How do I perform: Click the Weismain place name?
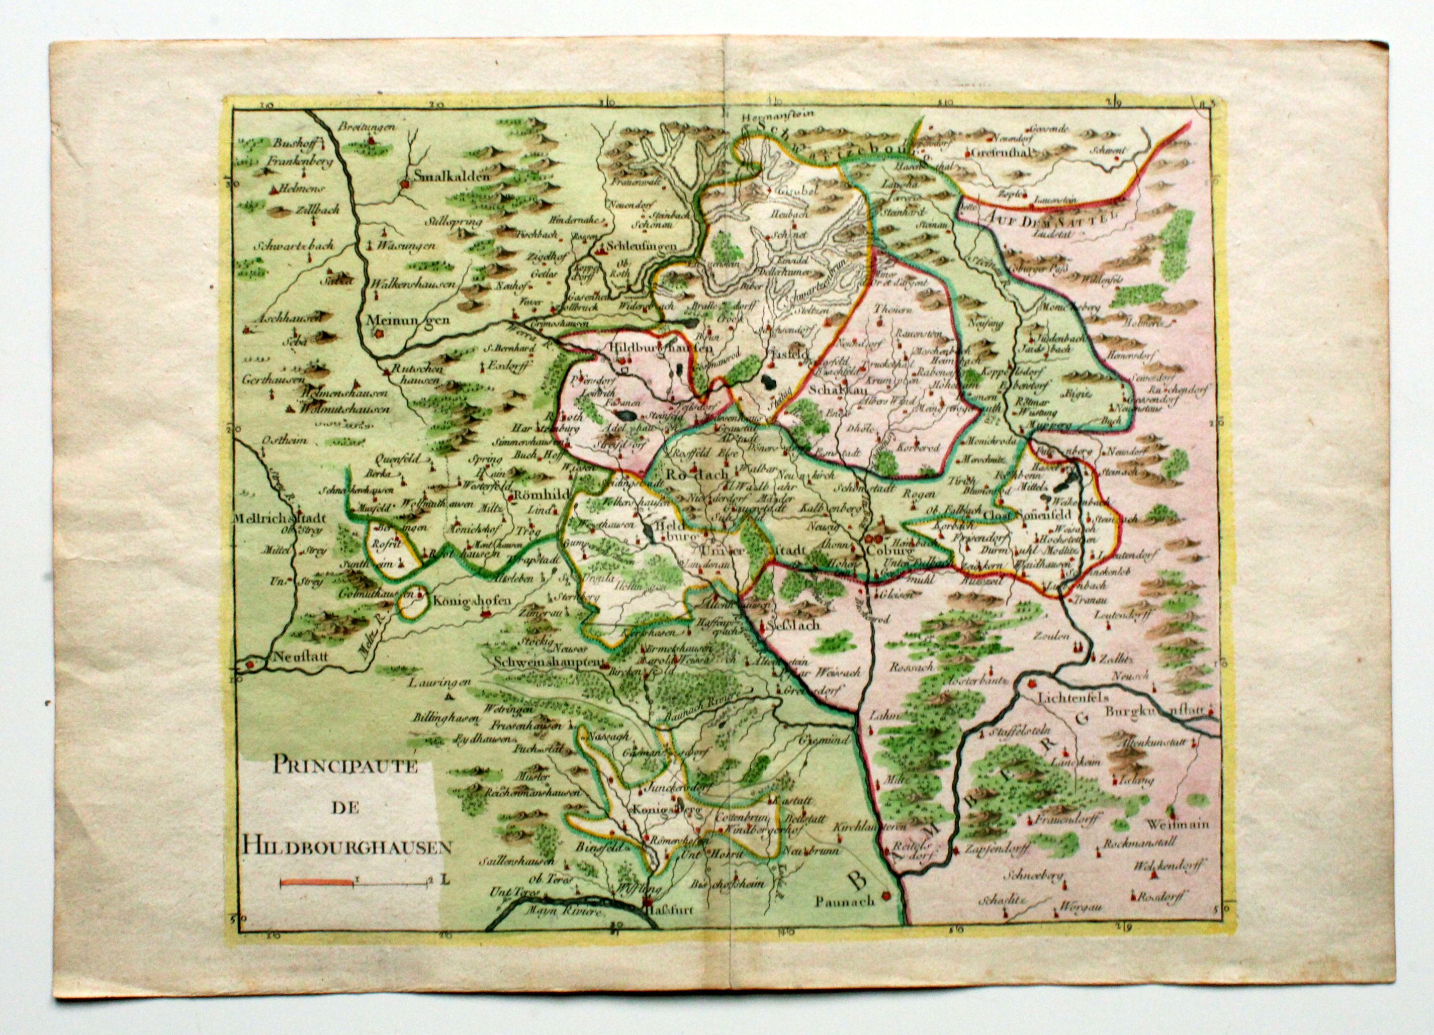tap(1179, 824)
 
